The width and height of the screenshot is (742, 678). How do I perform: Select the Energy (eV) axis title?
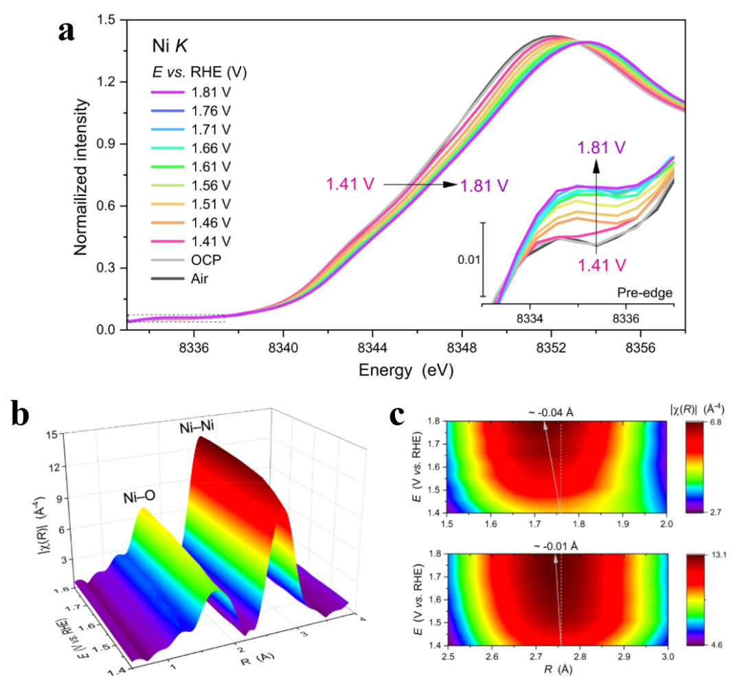point(406,371)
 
